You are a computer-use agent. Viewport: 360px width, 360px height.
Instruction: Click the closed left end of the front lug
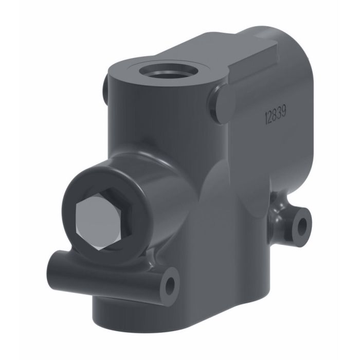click(53, 266)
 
